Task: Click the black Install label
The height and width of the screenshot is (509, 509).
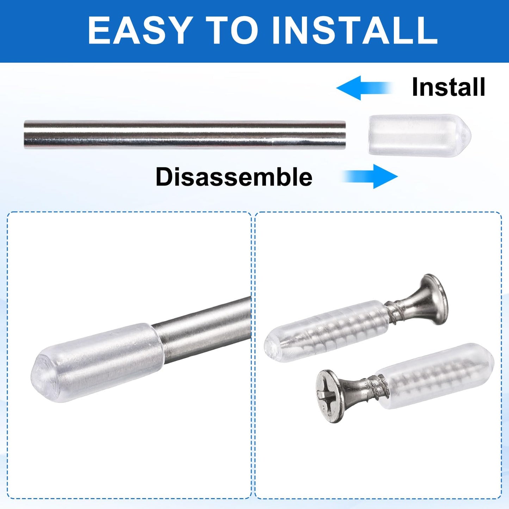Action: [x=448, y=87]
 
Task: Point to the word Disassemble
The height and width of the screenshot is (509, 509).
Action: [x=234, y=176]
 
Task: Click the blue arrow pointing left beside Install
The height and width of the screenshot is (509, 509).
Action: [x=365, y=88]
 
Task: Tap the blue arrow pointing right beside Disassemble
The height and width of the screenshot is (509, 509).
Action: [x=370, y=176]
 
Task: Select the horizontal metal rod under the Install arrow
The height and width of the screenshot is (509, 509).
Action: [x=185, y=135]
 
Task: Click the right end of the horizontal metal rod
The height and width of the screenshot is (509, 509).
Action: [x=345, y=135]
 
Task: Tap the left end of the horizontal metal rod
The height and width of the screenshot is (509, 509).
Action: [x=25, y=135]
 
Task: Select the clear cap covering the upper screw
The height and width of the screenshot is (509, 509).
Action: [x=326, y=331]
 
